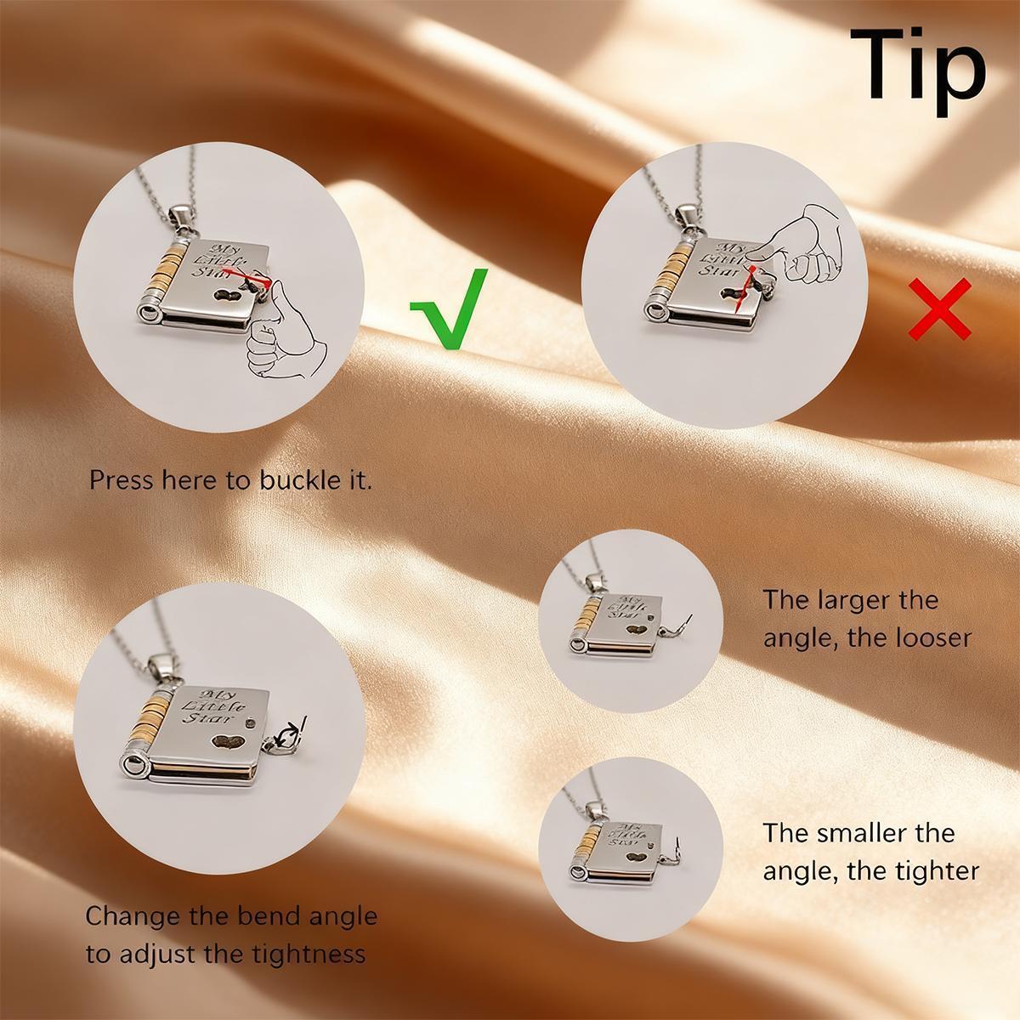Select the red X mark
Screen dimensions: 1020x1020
point(939,309)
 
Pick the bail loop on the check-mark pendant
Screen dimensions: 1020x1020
point(181,218)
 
